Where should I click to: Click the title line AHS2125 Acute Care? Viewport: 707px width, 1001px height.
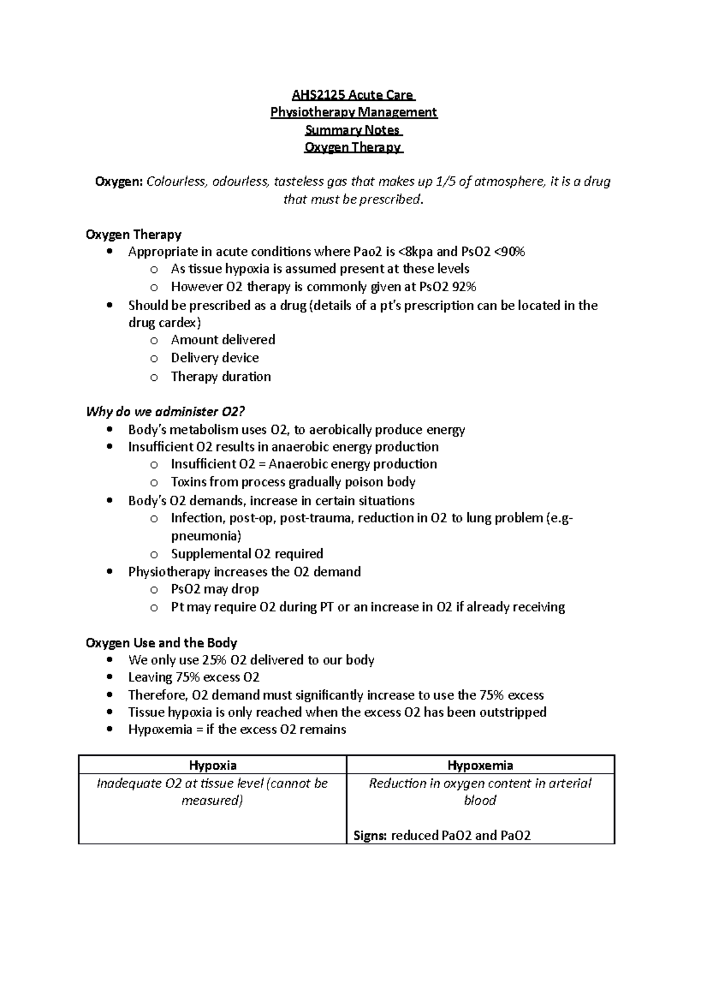pyautogui.click(x=353, y=95)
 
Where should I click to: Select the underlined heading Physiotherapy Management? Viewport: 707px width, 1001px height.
pyautogui.click(x=353, y=112)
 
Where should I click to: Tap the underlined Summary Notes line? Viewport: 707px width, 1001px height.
pyautogui.click(x=353, y=130)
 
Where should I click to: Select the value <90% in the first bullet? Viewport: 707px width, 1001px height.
pyautogui.click(x=507, y=252)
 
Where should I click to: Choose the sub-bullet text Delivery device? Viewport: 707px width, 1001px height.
pyautogui.click(x=214, y=358)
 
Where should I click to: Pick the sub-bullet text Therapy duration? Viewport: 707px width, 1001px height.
pyautogui.click(x=221, y=377)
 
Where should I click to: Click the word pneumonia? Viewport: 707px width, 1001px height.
pyautogui.click(x=204, y=536)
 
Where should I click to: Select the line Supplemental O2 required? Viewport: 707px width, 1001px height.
pyautogui.click(x=247, y=554)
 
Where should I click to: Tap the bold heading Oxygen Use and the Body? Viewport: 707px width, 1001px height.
pyautogui.click(x=161, y=643)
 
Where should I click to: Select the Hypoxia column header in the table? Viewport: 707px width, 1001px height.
pyautogui.click(x=213, y=765)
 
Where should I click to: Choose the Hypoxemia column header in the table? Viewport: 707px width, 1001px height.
pyautogui.click(x=480, y=765)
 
